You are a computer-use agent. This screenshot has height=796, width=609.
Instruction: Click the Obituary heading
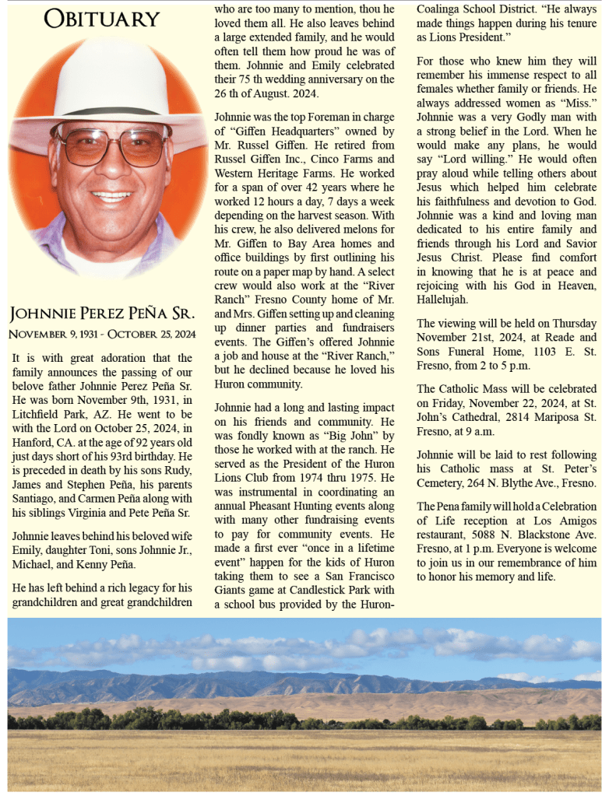(x=101, y=19)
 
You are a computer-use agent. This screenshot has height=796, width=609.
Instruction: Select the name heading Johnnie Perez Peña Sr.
(x=101, y=314)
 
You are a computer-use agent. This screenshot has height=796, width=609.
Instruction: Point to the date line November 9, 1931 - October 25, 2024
(x=101, y=334)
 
